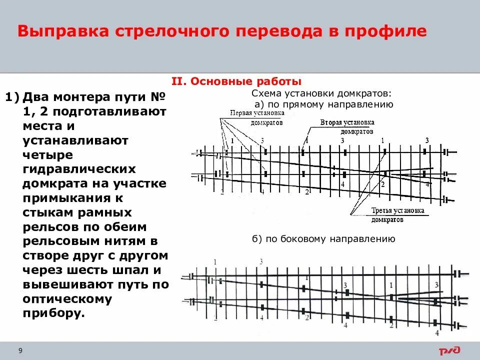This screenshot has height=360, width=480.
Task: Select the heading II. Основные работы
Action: [236, 81]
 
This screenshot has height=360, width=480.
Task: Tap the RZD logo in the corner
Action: [450, 350]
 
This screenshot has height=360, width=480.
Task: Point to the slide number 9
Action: [20, 350]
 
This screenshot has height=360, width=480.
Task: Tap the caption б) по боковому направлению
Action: [324, 239]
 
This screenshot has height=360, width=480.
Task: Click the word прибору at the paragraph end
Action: [53, 313]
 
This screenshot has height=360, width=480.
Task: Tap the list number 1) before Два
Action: [11, 96]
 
